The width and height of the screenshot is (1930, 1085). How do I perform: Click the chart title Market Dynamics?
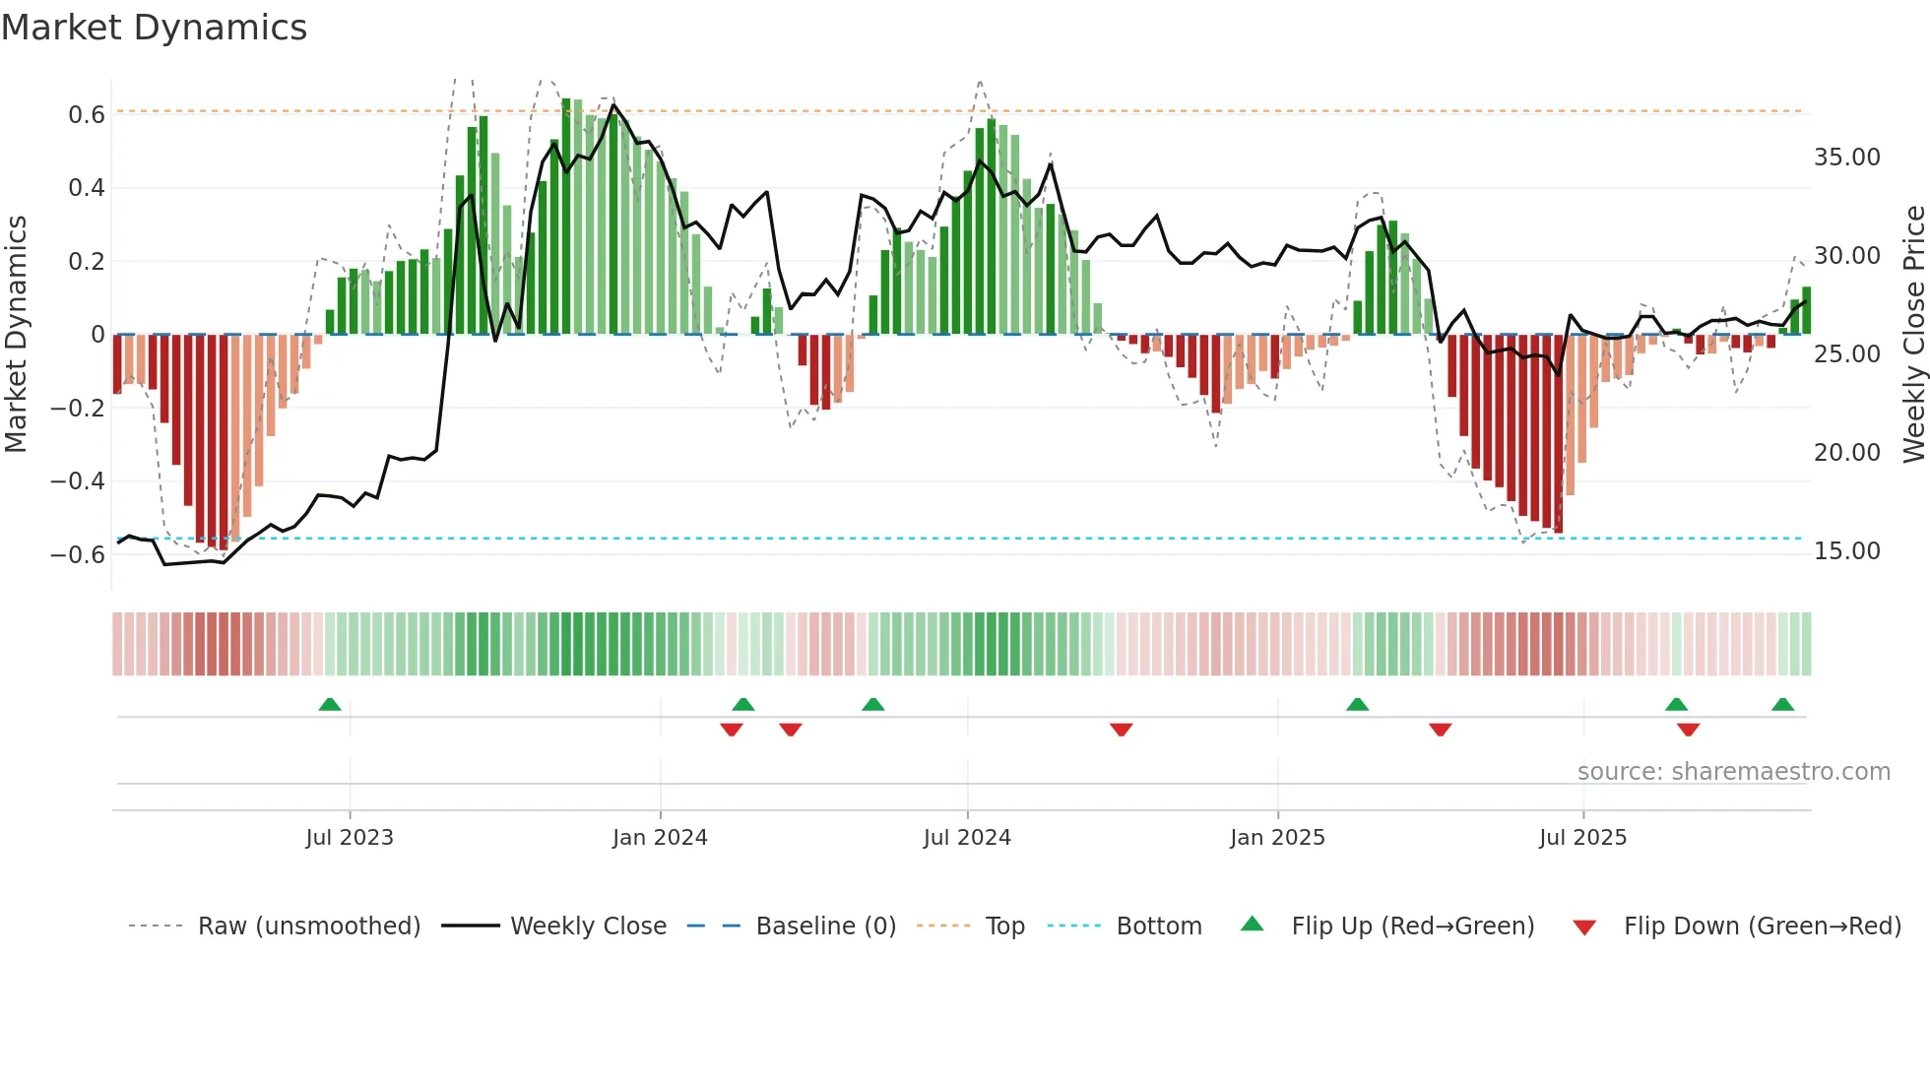[154, 28]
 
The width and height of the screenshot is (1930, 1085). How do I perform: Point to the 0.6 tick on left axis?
[87, 115]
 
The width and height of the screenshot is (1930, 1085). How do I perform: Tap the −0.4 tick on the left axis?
[78, 481]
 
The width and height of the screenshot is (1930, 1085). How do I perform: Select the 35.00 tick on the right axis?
[1846, 158]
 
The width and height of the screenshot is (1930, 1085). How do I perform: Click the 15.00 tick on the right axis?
[1846, 551]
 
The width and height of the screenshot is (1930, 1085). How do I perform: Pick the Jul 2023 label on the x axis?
[350, 838]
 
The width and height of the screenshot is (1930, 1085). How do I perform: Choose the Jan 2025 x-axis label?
[1277, 838]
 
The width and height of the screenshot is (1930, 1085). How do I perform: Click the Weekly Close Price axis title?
[1913, 335]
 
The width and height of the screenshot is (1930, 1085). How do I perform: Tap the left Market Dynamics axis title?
[16, 335]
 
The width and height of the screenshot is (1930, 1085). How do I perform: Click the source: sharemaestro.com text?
[1733, 772]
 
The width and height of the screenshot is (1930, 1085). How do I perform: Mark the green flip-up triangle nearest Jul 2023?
[330, 705]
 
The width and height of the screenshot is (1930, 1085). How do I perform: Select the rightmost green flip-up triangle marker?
[1782, 705]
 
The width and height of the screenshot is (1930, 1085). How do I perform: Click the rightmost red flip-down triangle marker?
[1688, 730]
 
